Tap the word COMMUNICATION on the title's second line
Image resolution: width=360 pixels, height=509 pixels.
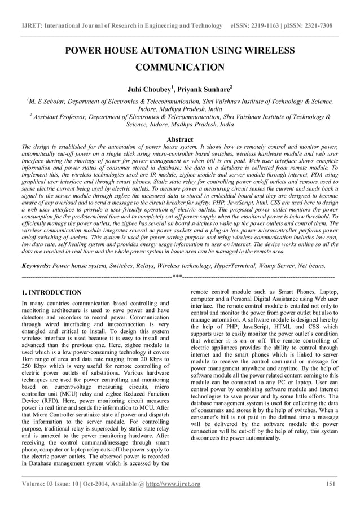point(180,68)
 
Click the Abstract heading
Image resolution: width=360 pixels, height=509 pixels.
point(180,139)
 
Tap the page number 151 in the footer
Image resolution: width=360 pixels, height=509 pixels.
point(332,484)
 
